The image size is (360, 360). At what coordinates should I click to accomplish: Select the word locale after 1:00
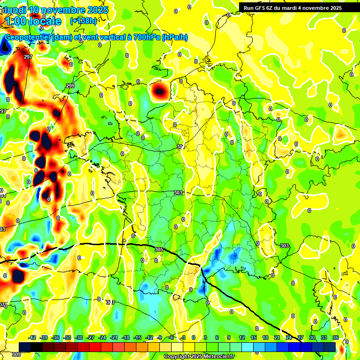(x=45, y=21)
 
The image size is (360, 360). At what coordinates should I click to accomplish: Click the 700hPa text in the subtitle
(x=144, y=37)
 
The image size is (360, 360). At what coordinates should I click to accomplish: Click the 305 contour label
(x=159, y=250)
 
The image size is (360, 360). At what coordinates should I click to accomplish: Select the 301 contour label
(x=181, y=147)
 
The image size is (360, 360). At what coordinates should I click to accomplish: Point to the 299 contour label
(x=70, y=86)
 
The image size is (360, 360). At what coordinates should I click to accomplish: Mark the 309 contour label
(x=15, y=355)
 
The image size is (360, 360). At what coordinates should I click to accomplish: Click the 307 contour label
(x=111, y=302)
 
